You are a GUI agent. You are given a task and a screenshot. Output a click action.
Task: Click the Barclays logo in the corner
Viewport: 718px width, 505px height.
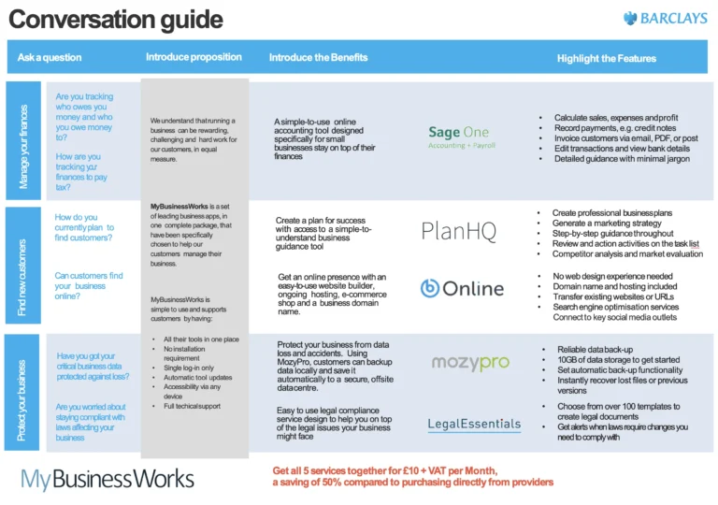click(x=667, y=19)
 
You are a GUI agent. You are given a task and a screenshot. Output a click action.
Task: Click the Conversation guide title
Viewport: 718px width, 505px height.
click(x=116, y=20)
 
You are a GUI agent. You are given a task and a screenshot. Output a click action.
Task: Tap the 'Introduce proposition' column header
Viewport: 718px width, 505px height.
click(x=194, y=57)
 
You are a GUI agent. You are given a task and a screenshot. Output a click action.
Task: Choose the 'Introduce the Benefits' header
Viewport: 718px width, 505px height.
click(x=318, y=57)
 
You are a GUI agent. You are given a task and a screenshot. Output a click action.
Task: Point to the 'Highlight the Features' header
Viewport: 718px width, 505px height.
click(x=606, y=58)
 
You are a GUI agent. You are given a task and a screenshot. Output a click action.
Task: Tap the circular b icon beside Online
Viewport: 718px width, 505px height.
click(x=430, y=288)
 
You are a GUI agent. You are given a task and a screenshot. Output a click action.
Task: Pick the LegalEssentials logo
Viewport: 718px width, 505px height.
click(x=474, y=425)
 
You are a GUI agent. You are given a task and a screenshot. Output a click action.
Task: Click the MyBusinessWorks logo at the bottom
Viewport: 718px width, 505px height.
click(x=108, y=480)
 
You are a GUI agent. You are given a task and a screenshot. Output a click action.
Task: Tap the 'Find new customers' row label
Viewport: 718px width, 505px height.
click(x=24, y=266)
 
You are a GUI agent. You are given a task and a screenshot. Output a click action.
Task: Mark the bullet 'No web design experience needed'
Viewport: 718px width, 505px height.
click(x=612, y=277)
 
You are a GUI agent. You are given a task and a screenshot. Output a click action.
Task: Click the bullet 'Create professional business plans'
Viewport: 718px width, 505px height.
click(x=612, y=213)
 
